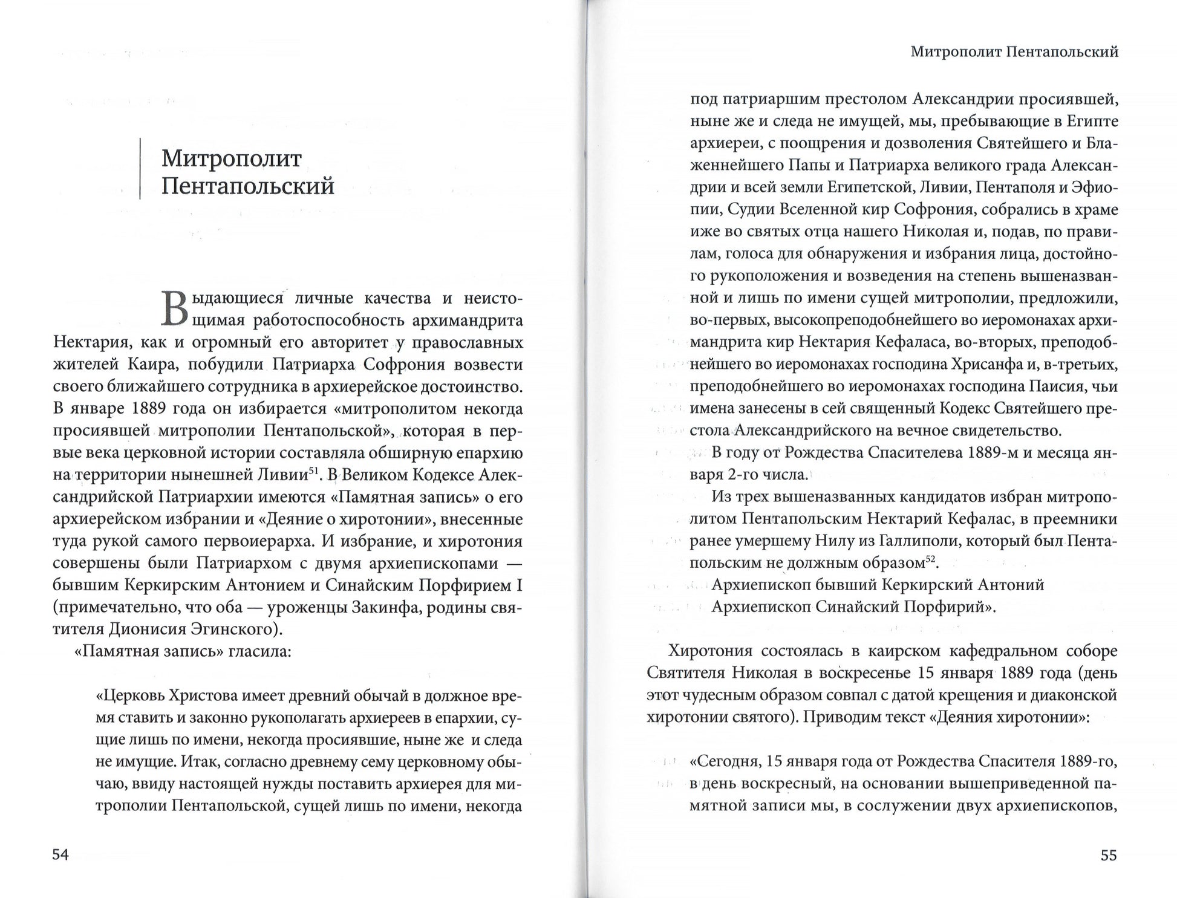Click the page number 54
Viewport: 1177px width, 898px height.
[x=61, y=854]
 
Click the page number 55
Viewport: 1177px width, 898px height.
[x=1108, y=855]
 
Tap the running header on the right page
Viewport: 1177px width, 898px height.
[x=1014, y=52]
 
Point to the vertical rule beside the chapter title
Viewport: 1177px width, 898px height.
[x=140, y=169]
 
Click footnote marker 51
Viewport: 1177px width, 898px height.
[x=315, y=470]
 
